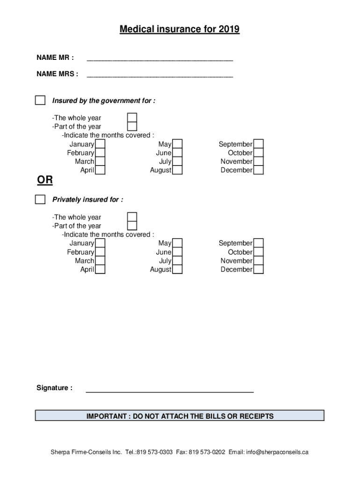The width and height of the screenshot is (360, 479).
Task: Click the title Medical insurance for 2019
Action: coord(180,30)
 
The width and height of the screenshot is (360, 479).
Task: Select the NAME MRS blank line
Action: coord(160,75)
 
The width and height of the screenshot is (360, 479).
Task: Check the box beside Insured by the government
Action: coord(41,101)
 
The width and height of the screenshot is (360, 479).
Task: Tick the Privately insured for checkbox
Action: coord(41,200)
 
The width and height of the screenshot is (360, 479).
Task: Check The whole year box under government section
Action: coord(132,117)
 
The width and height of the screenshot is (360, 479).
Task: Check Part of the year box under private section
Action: coord(132,225)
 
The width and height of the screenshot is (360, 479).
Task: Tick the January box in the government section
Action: coord(100,144)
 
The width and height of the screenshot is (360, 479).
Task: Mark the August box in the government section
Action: coord(177,170)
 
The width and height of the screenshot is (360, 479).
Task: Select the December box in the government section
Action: coord(259,170)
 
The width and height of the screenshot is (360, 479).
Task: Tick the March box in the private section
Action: coord(100,261)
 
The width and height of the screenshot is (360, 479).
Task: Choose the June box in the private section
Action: coord(177,252)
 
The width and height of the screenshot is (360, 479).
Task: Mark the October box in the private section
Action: coord(259,252)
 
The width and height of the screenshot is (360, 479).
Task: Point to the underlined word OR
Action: coord(45,181)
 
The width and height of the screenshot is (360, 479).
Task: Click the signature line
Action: coord(170,390)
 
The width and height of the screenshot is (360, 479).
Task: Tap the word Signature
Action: coord(54,388)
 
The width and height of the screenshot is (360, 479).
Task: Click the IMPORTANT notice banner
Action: coord(180,416)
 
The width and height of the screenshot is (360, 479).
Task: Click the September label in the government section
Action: coord(235,145)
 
